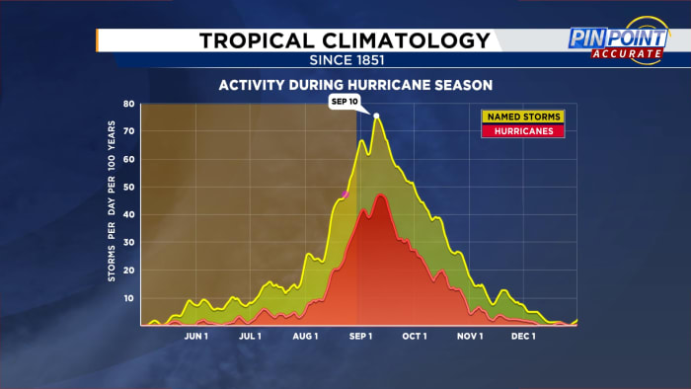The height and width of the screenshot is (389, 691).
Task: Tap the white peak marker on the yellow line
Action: (x=376, y=117)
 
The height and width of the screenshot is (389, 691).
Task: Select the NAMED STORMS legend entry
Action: (x=508, y=117)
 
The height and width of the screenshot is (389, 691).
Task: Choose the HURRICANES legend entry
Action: (x=508, y=130)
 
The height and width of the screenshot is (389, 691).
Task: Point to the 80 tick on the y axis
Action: (x=128, y=104)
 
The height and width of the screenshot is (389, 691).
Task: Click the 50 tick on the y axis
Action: (x=128, y=187)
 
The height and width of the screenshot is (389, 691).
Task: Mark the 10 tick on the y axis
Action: (x=128, y=298)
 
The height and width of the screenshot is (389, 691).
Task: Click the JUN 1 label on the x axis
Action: (x=195, y=336)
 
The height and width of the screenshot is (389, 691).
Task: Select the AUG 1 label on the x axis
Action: (x=305, y=336)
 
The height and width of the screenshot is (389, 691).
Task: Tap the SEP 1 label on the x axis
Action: (x=360, y=336)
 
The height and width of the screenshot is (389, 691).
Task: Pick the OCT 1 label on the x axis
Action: (x=415, y=336)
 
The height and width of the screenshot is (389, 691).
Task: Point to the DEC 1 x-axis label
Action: (x=523, y=336)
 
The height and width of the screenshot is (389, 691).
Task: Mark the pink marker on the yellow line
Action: (x=345, y=194)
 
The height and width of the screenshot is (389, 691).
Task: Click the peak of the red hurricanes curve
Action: (x=380, y=194)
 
